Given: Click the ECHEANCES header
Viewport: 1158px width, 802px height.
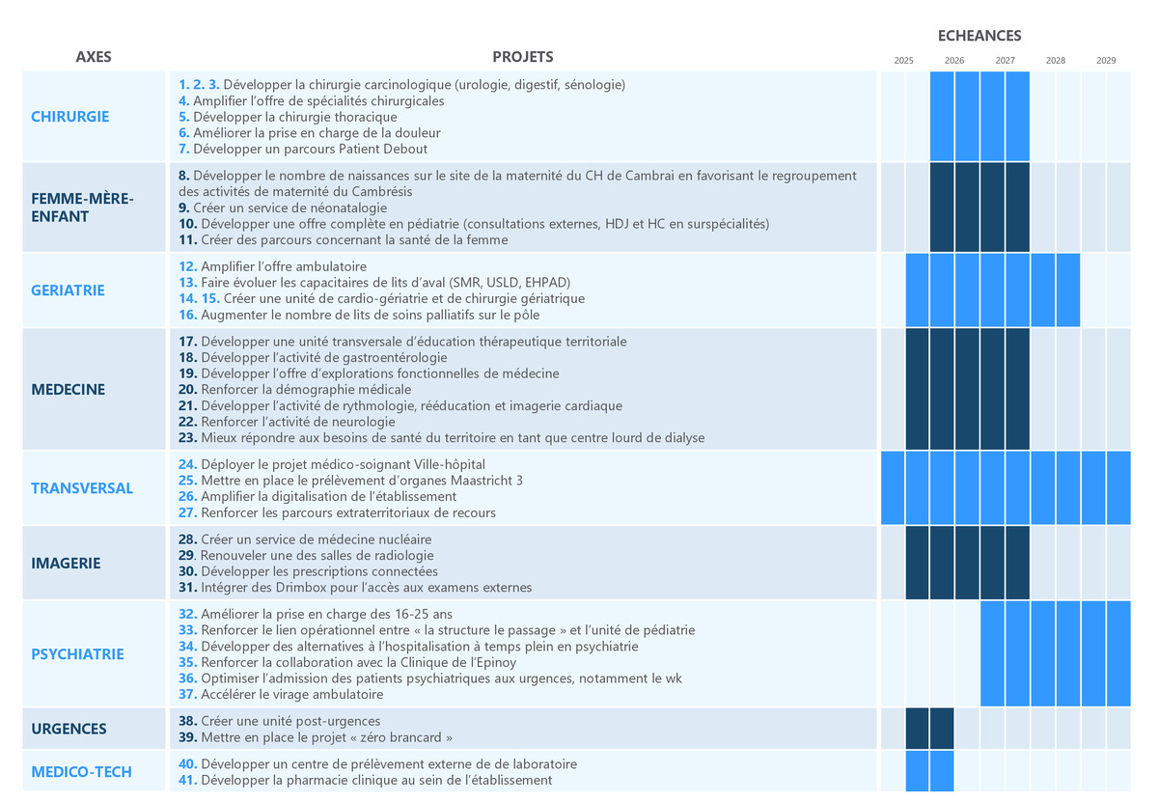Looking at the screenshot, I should point(979,36).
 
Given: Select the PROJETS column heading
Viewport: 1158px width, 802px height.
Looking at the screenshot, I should point(523,57).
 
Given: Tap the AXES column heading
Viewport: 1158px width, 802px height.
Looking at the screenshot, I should point(94,57).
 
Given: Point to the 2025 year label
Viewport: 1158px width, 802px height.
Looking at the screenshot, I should point(904,61).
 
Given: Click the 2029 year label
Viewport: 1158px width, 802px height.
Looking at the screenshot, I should point(1106,61).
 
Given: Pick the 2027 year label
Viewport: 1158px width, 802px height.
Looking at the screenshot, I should point(1005,61).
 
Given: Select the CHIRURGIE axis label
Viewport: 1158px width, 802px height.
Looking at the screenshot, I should point(70,117).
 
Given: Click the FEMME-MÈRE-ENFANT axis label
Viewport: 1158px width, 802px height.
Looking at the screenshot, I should point(83,207).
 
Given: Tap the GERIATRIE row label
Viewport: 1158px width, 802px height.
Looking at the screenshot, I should point(68,290).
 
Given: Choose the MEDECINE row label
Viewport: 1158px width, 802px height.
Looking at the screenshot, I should point(69,390).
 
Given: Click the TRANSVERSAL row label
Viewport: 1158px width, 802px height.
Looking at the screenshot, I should point(82,488).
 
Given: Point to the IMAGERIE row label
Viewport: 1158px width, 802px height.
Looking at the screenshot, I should point(66,564).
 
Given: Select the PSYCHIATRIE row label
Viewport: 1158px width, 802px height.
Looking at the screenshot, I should point(78,654).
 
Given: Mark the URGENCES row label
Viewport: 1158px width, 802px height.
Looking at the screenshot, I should point(69,729).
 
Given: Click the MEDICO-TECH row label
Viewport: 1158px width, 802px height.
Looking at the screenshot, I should point(81,772).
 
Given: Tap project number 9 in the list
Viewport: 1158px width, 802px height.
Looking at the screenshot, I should point(184,207).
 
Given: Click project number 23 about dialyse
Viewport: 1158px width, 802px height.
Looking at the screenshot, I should point(188,438).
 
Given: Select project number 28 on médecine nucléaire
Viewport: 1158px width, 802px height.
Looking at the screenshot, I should point(188,539).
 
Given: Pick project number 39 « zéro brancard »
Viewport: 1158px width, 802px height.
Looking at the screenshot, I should point(188,738).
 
